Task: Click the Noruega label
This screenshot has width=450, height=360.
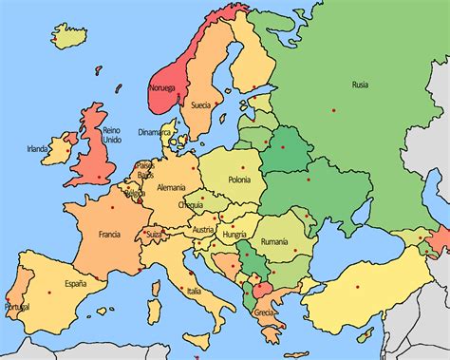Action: coord(162,89)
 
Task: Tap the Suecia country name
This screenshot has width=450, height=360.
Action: coord(200,104)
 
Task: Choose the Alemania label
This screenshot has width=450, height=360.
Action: coord(172,187)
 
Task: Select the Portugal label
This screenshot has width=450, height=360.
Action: coord(16,307)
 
